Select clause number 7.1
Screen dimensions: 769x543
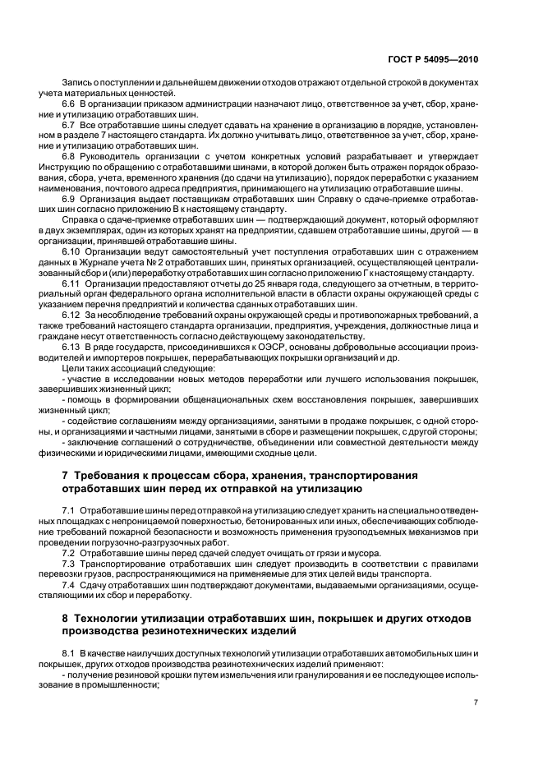69,510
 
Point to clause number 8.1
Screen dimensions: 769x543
69,652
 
